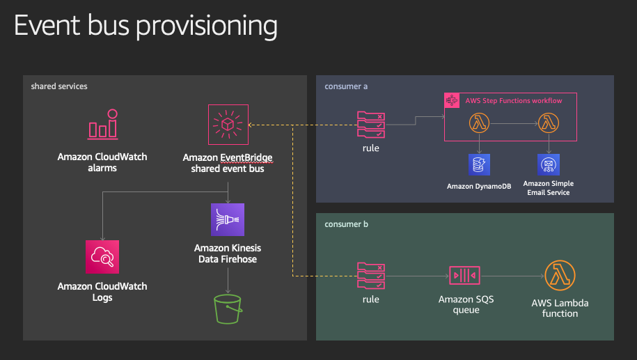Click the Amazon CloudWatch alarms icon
tap(103, 125)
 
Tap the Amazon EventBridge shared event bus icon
tap(228, 125)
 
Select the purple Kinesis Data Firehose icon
tap(228, 219)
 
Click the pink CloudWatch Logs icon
tap(102, 257)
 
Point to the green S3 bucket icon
tap(228, 309)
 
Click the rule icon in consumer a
tap(371, 125)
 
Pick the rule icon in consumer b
tap(371, 276)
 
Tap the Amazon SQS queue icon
tap(465, 276)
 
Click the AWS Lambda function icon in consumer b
tap(560, 276)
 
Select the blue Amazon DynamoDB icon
tap(480, 164)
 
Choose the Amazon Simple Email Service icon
tap(549, 164)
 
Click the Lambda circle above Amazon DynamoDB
tap(480, 123)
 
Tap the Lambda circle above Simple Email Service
tap(549, 123)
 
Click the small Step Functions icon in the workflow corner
tap(452, 100)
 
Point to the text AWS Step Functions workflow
tap(514, 101)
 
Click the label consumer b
tap(346, 224)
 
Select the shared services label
tap(59, 86)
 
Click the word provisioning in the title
tap(207, 26)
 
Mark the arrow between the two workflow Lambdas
tap(514, 123)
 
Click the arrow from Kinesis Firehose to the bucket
tap(228, 281)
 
